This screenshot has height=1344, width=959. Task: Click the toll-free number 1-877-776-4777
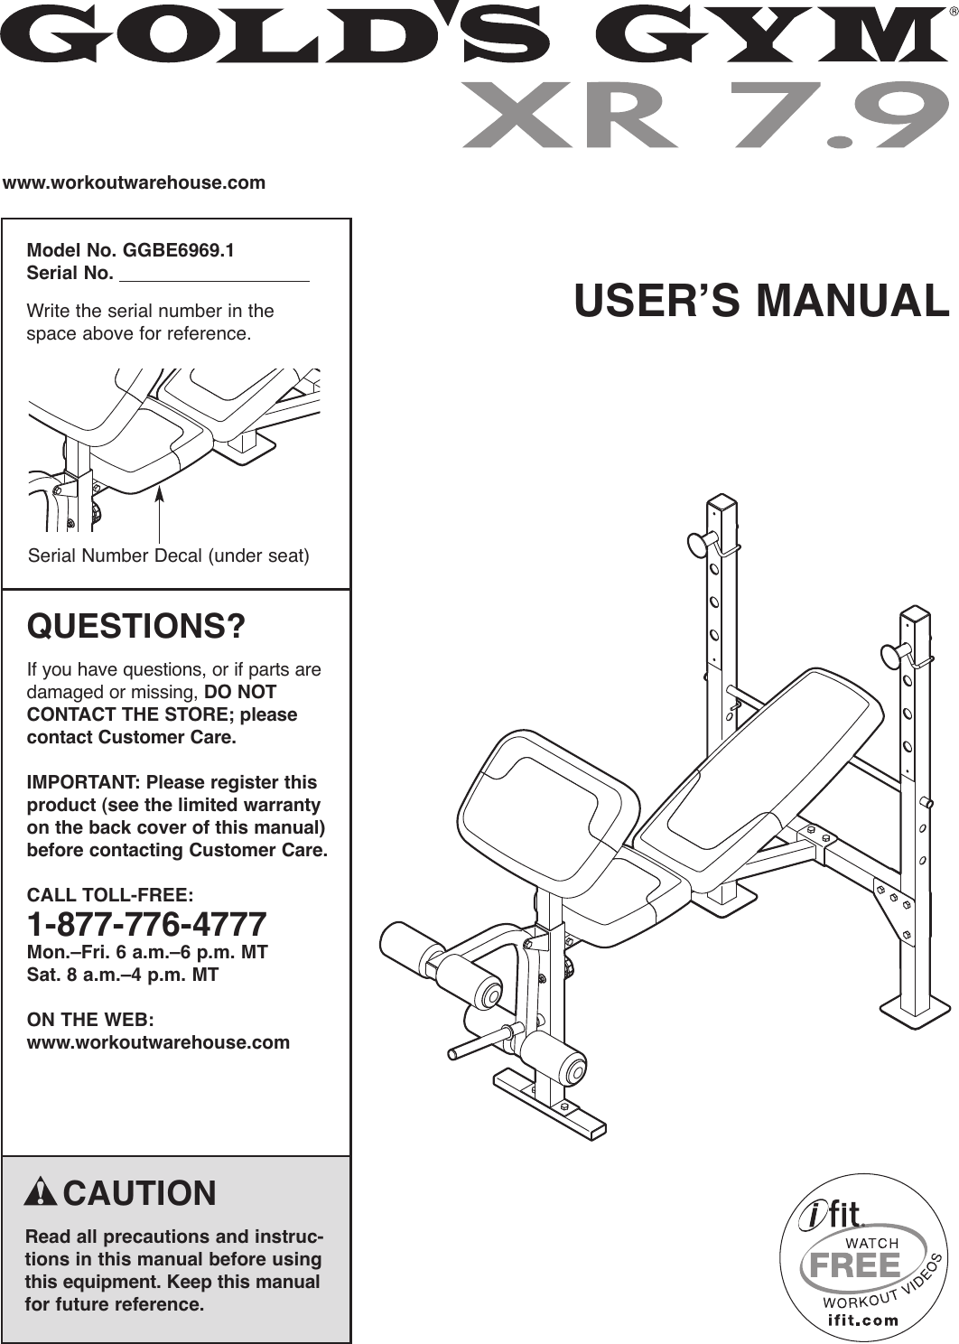point(147,925)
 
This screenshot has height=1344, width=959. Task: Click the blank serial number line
point(214,275)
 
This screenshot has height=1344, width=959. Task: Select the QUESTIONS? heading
point(136,625)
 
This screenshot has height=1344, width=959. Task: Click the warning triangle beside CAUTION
point(42,1193)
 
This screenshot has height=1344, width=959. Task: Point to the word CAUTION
point(140,1193)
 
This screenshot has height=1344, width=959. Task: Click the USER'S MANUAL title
point(761,301)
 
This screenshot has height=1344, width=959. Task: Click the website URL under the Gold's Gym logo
point(135,182)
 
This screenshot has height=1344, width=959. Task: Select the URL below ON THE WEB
point(159,1042)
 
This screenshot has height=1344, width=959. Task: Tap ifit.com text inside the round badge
point(863,1320)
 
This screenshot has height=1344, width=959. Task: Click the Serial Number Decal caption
point(169,555)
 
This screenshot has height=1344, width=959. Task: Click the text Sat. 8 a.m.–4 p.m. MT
point(123,975)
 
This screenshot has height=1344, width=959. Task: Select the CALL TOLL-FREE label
point(110,895)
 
